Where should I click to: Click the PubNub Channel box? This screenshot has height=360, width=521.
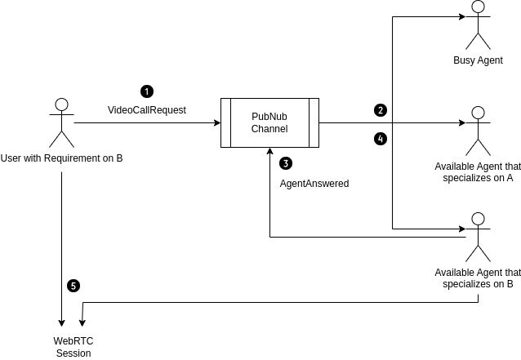point(269,122)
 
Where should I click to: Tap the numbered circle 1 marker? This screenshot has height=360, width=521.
point(147,91)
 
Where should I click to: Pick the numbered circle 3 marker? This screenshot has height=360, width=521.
point(285,163)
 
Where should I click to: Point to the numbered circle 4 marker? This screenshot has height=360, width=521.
point(380,139)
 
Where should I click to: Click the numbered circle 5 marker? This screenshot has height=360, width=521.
point(74,286)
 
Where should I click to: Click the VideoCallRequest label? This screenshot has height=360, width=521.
point(147,109)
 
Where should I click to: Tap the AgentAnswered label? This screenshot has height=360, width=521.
point(314,184)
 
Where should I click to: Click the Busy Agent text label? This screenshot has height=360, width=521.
point(478,60)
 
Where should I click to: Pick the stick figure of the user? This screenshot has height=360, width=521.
point(61,122)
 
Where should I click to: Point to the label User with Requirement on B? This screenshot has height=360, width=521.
point(61,158)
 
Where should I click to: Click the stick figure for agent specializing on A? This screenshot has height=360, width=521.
point(478,131)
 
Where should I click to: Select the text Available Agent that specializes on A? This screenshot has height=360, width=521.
point(478,172)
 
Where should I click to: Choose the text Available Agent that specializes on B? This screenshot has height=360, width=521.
point(478,278)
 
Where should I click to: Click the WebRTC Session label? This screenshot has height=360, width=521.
point(73,346)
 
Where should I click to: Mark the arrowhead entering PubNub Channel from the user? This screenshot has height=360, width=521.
point(217,122)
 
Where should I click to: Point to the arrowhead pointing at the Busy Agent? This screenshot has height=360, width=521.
point(462,16)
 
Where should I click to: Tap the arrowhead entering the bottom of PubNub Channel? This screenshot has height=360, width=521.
point(269,151)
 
